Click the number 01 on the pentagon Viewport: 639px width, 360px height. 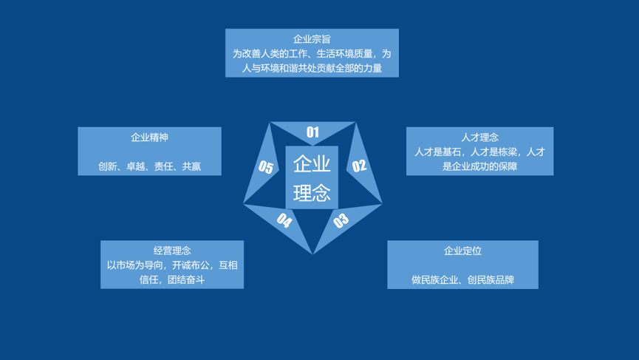pos(312,132)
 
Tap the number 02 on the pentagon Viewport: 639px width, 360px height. pos(359,166)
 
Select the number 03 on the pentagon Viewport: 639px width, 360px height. pos(341,220)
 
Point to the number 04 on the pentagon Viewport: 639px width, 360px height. pos(284,220)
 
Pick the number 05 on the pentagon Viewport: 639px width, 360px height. pos(266,167)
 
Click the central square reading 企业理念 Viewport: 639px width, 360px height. pos(312,177)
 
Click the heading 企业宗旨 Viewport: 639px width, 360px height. pos(312,39)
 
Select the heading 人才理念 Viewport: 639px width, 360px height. pos(479,137)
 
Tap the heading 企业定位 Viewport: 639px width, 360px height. pos(462,251)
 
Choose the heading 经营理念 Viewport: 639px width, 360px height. pos(172,251)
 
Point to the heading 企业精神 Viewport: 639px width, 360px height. pos(149,137)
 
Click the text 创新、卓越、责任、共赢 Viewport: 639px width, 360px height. pos(149,166)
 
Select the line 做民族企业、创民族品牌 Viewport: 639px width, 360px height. pos(462,279)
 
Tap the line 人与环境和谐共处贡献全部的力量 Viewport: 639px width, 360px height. pos(312,68)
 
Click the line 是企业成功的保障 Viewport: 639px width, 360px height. pos(479,166)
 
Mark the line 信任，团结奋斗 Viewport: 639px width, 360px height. pos(172,279)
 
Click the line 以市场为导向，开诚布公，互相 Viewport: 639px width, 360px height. pos(172,265)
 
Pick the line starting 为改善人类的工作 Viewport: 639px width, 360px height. pos(312,54)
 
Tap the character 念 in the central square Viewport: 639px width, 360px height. pos(321,192)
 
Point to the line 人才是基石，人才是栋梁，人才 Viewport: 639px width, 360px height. pos(479,152)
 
